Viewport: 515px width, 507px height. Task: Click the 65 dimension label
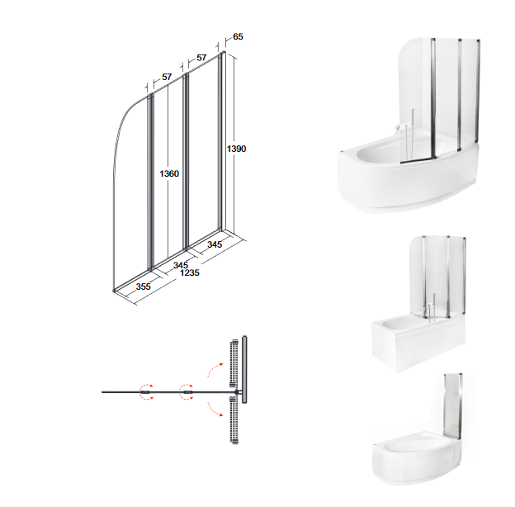point(238,36)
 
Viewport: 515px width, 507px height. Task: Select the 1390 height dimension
point(236,149)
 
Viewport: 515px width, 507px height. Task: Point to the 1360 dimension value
point(169,173)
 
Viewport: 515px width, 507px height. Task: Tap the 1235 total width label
point(190,272)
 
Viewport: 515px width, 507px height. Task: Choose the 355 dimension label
point(144,287)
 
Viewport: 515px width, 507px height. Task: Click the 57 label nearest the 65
point(201,58)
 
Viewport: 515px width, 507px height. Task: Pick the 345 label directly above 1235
point(181,265)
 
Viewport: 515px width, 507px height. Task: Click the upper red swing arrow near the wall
point(215,369)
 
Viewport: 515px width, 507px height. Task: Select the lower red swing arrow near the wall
point(215,409)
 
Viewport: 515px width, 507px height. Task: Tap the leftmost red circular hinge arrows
point(146,392)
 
